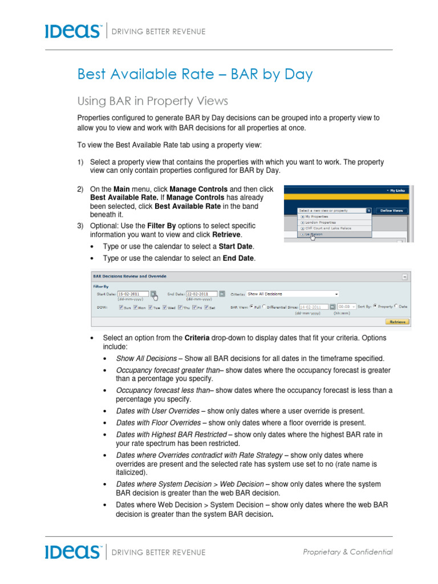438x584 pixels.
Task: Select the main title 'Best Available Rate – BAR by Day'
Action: pos(194,75)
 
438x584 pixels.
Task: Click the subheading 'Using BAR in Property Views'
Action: pos(152,101)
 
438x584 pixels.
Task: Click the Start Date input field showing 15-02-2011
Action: pos(132,294)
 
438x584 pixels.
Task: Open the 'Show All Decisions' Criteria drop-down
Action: pos(292,294)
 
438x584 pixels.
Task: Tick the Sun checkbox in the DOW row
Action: pos(121,307)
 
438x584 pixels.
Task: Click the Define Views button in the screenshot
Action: pos(391,210)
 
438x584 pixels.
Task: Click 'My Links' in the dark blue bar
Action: pos(397,190)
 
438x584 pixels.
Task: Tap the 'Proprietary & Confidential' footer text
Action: pos(347,551)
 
